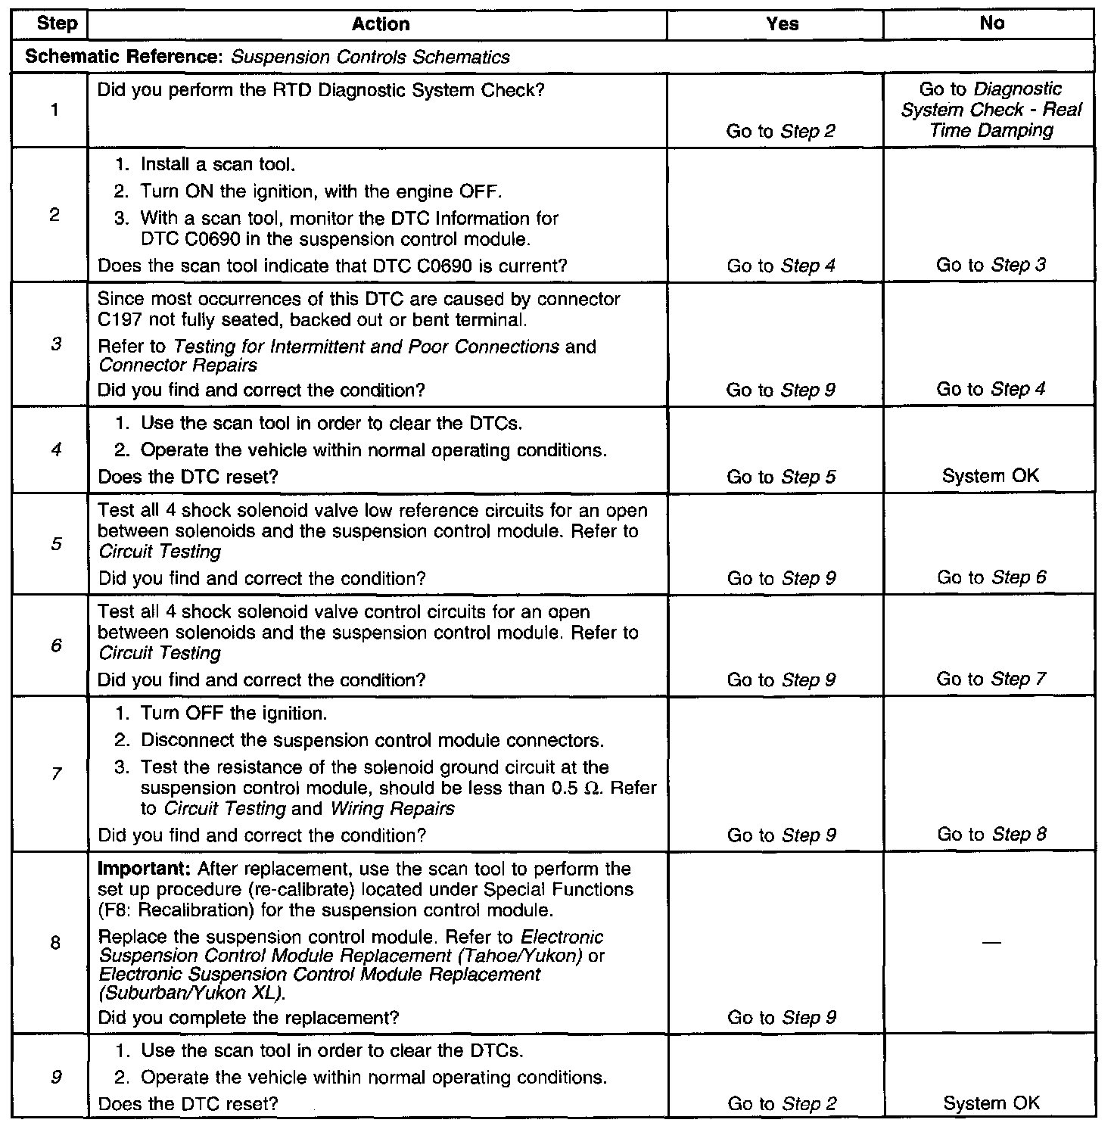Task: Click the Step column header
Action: click(57, 23)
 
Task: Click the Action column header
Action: click(381, 24)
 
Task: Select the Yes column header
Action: click(782, 24)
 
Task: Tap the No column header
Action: click(991, 23)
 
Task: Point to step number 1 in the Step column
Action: click(55, 110)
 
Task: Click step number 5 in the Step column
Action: click(56, 544)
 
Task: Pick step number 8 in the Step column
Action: click(55, 943)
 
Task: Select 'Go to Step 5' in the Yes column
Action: click(781, 477)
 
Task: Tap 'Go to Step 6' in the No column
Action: click(991, 578)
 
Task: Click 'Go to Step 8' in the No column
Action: click(991, 835)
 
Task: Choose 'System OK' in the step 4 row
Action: click(991, 477)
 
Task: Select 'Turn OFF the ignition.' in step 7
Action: click(234, 714)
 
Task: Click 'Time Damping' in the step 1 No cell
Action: click(991, 130)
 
